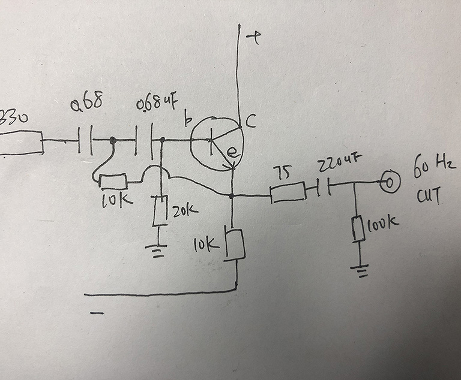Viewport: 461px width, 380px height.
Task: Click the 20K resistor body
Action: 159,211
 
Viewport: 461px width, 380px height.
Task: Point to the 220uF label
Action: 340,162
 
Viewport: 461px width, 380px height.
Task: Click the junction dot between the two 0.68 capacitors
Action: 113,141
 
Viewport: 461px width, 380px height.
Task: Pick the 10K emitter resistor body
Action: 235,243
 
